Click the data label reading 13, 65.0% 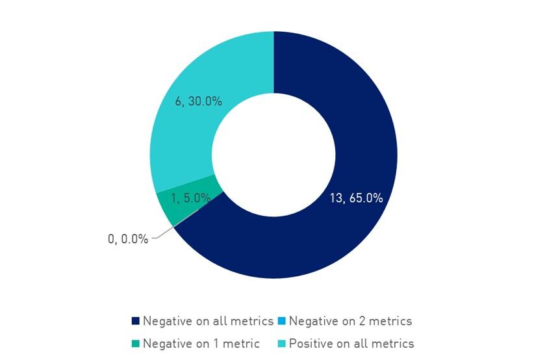356,198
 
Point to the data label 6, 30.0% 199,101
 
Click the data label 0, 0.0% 127,239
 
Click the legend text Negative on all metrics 208,321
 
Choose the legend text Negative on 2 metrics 350,321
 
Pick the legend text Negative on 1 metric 201,343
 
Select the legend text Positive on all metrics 351,343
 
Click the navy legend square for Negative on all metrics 135,321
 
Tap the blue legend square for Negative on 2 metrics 281,321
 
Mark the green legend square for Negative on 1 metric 135,343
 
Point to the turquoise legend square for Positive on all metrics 281,343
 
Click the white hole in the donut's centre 273,155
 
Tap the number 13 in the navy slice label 336,198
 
